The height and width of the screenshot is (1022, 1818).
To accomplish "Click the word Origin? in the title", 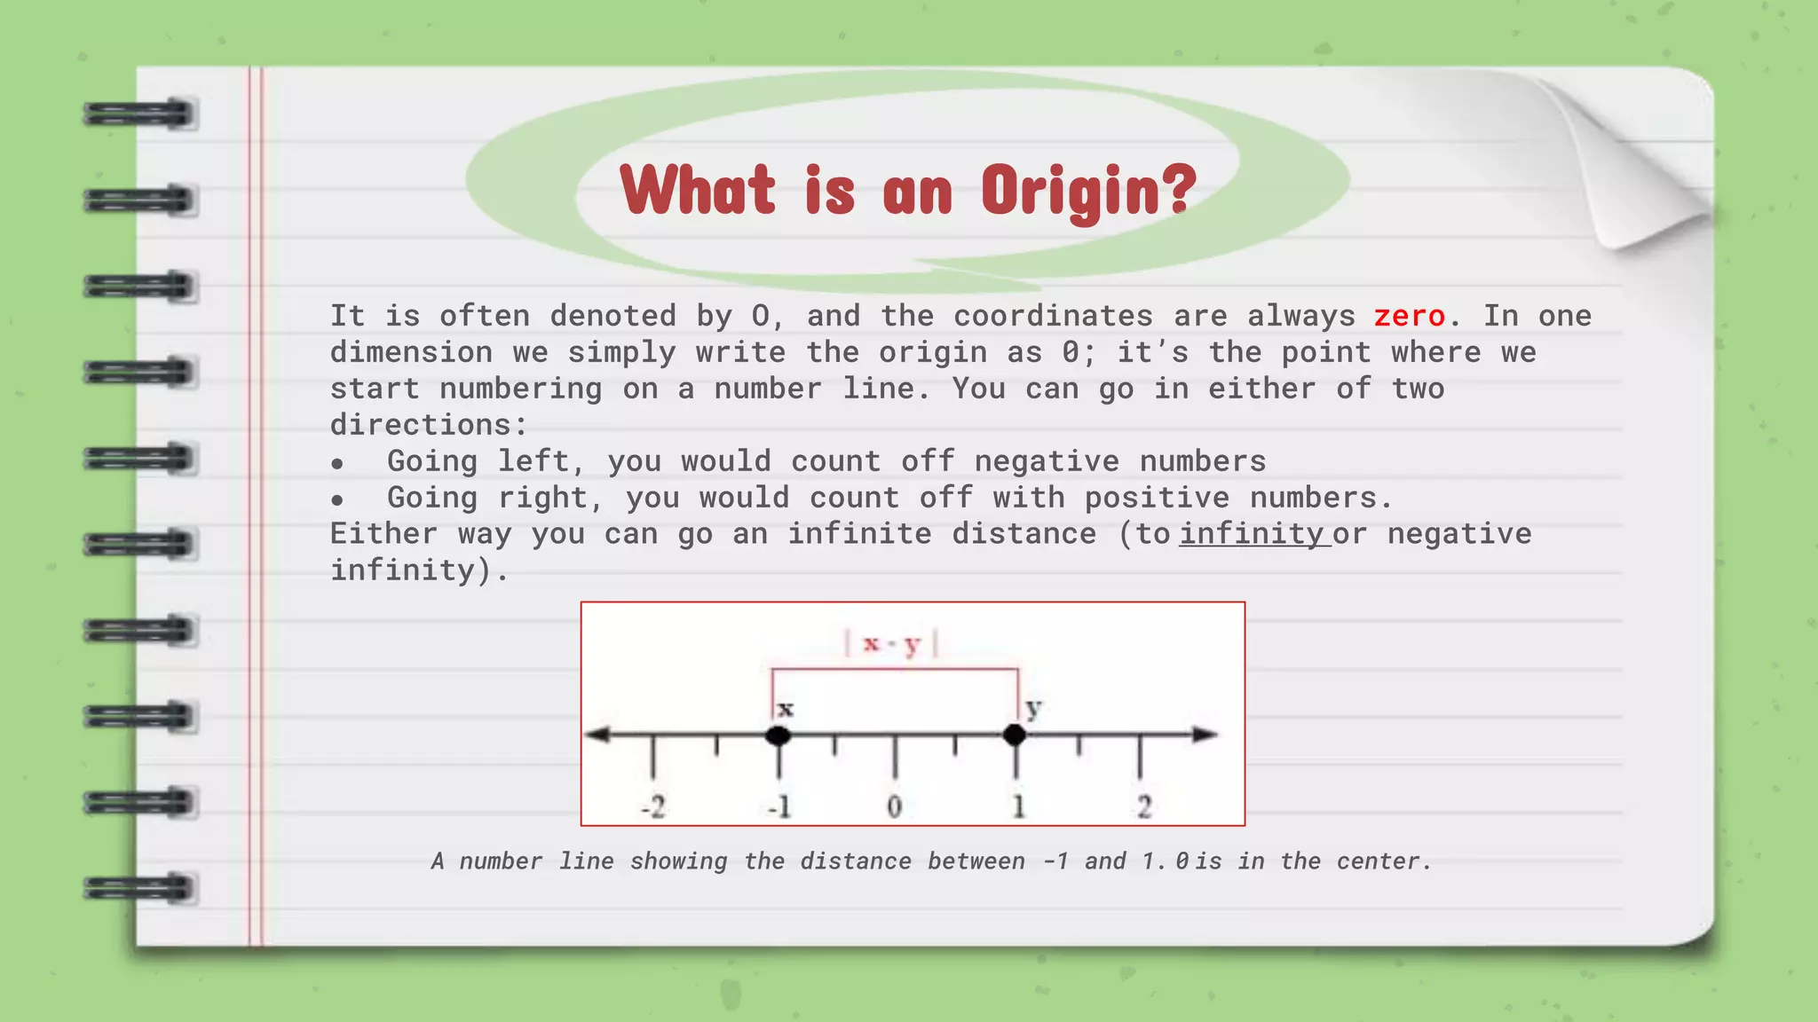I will (x=1088, y=191).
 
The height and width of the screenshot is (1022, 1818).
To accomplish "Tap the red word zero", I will (x=1409, y=316).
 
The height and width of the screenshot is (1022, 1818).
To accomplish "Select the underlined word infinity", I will (x=1252, y=534).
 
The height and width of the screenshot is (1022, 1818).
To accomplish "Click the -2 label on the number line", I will (x=653, y=807).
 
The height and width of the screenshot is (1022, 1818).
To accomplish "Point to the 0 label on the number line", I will (x=895, y=807).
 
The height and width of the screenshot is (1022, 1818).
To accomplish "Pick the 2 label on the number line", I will (x=1144, y=807).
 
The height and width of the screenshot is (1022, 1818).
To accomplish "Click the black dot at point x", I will (x=779, y=735).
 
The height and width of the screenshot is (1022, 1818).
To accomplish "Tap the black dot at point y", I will (x=1015, y=735).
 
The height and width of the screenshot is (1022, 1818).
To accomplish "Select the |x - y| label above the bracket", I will (x=891, y=643).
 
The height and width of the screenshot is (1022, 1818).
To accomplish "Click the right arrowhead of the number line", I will (x=1205, y=735).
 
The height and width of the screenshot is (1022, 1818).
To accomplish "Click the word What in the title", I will (x=698, y=190).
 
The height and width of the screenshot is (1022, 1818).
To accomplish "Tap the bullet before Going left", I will (x=337, y=464).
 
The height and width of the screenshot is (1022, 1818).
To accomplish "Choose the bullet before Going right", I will (x=337, y=500).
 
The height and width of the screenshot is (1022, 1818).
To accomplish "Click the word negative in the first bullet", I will (x=1047, y=461).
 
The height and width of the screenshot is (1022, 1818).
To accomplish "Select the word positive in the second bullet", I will (x=1157, y=498).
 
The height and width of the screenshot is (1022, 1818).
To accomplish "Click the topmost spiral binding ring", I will (x=138, y=114).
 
